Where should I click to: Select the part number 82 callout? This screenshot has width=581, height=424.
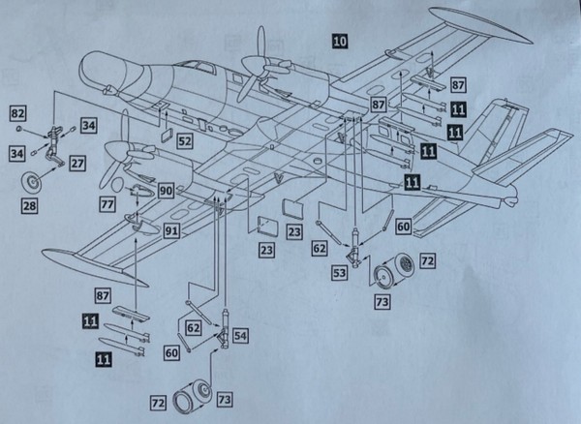[x=16, y=114]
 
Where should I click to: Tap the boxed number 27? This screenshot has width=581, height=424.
[x=76, y=164]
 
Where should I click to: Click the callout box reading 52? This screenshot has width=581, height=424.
[x=184, y=141]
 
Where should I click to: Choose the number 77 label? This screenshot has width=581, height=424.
[x=107, y=204]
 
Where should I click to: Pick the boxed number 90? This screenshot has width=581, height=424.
[x=167, y=192]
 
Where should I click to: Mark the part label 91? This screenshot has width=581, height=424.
[x=170, y=230]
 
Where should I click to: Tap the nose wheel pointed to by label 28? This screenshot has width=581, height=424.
[x=37, y=180]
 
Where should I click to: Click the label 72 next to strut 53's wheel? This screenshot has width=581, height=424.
[x=427, y=261]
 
